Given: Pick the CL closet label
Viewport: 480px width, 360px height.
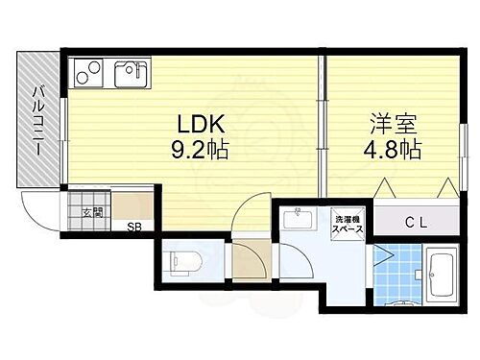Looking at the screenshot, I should click(x=415, y=221).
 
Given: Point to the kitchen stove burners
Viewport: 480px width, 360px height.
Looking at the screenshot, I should click(x=85, y=72).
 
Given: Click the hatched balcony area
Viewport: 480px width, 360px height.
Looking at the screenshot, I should click(x=38, y=163).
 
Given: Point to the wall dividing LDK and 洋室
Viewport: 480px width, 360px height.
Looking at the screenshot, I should click(x=321, y=125).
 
